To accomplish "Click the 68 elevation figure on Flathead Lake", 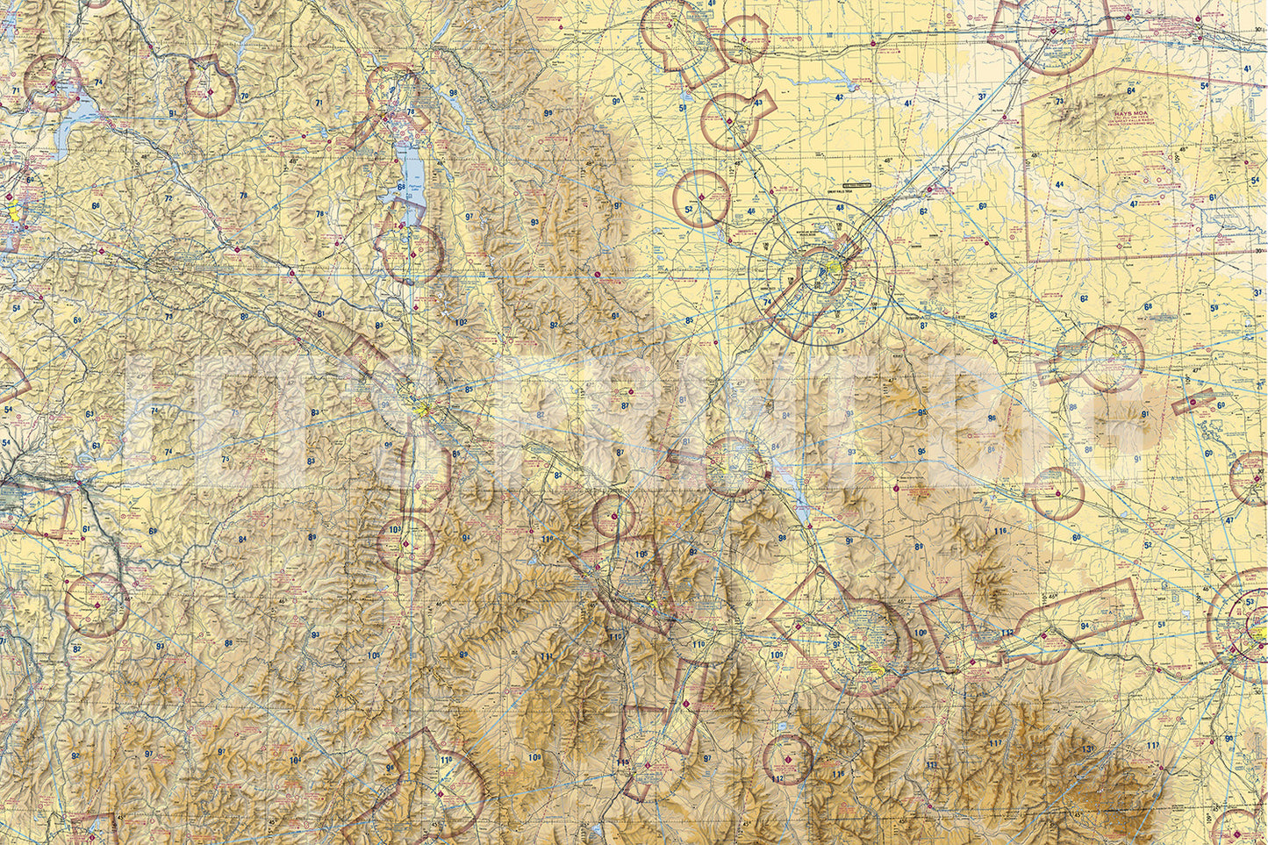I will point(402,186).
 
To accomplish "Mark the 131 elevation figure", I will point(1087,748).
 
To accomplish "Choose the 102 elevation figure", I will point(460,322).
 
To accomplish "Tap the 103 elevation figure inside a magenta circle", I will point(395,529).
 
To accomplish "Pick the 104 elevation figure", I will point(295,760).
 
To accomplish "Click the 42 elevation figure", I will point(840,97).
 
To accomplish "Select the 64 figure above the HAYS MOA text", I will point(1131,90).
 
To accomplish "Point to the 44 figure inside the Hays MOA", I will point(1059,184).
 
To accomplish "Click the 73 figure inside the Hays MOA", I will point(1060,101).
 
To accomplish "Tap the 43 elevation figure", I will point(758,103).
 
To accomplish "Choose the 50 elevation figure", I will point(683,108).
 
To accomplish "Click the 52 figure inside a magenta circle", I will point(690,209).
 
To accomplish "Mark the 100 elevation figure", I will point(920,633).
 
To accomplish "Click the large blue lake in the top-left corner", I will point(79,114).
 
